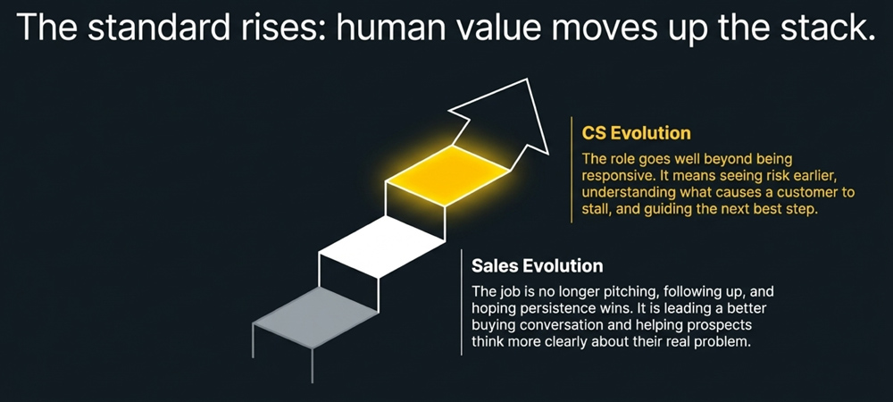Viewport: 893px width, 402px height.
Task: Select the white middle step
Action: (381, 240)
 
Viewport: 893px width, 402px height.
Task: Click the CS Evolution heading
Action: (636, 133)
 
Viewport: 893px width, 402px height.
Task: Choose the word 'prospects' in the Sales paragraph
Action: (723, 326)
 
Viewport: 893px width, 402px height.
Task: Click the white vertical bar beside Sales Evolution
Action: (461, 304)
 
